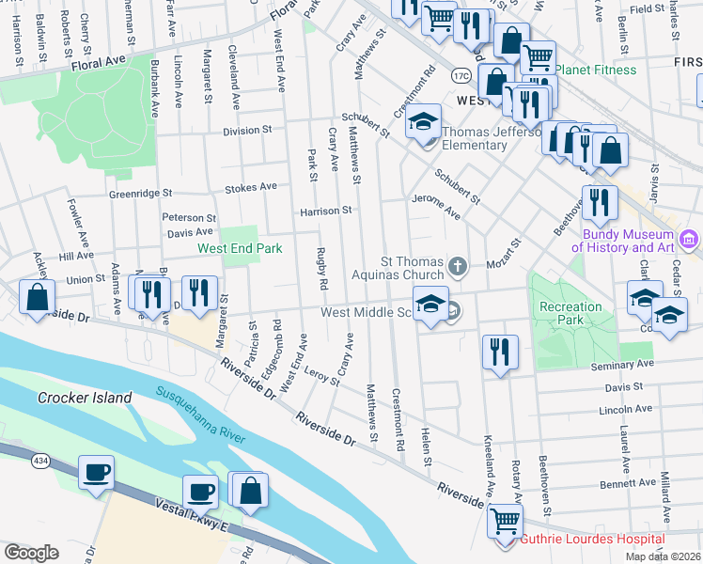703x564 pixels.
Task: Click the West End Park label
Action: (x=240, y=249)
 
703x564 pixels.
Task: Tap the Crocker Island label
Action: (x=85, y=398)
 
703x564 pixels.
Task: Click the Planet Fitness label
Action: (x=595, y=70)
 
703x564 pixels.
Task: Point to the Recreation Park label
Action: (x=570, y=313)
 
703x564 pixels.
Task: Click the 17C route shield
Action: (x=461, y=74)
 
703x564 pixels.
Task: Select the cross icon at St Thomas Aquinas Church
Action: (x=457, y=268)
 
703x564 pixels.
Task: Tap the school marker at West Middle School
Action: (x=430, y=305)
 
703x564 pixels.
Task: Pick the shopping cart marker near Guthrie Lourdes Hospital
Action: (x=507, y=520)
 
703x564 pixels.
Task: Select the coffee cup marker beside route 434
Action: (x=96, y=473)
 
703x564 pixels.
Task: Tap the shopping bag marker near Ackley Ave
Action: (x=36, y=298)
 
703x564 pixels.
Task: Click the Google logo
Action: (x=31, y=552)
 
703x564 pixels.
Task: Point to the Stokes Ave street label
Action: (x=250, y=187)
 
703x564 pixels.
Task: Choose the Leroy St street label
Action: (x=322, y=375)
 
